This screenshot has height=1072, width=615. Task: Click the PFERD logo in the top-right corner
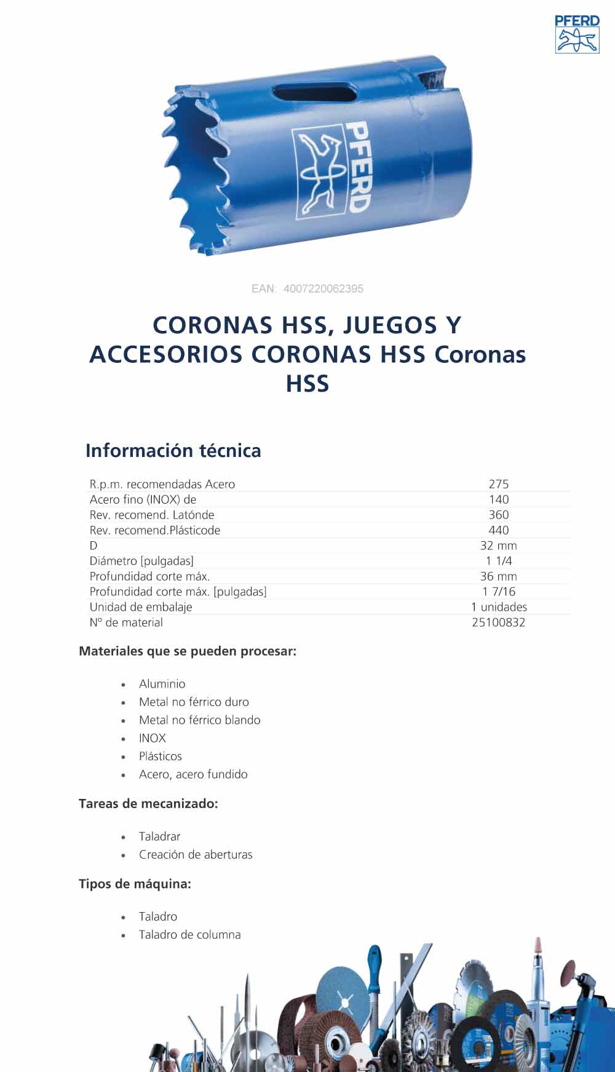(577, 34)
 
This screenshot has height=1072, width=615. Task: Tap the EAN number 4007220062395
(323, 288)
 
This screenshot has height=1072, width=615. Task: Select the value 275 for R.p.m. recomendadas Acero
(499, 484)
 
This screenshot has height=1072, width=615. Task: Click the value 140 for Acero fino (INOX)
(499, 499)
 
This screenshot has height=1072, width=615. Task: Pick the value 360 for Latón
(499, 515)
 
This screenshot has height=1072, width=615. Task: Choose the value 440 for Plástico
(499, 530)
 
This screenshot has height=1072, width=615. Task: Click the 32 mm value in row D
(499, 546)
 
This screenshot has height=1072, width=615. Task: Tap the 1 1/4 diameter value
(499, 561)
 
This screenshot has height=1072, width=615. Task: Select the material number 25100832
(499, 622)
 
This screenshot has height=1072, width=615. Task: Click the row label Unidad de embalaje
(141, 607)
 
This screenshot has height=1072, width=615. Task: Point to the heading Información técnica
(173, 450)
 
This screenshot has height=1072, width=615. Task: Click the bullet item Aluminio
(162, 684)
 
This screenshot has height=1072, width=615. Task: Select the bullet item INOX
(153, 738)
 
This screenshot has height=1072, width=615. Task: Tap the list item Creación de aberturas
(196, 854)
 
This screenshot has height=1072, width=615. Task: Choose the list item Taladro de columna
(189, 934)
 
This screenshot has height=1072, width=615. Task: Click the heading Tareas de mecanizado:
(148, 803)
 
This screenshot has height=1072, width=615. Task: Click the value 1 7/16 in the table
(499, 592)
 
